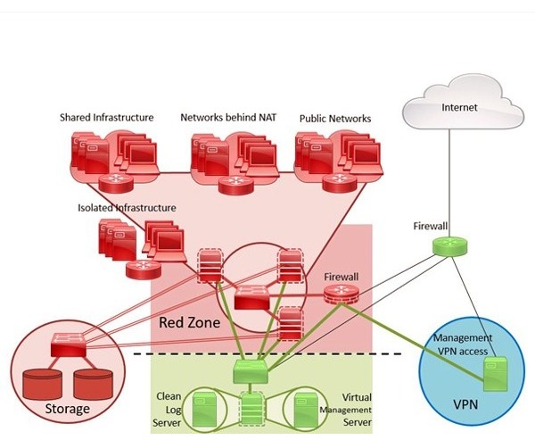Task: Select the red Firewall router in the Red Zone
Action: (341, 295)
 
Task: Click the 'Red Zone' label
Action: (189, 321)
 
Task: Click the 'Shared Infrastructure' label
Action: (107, 118)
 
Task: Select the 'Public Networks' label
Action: (335, 118)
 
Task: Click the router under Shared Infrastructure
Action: (114, 181)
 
